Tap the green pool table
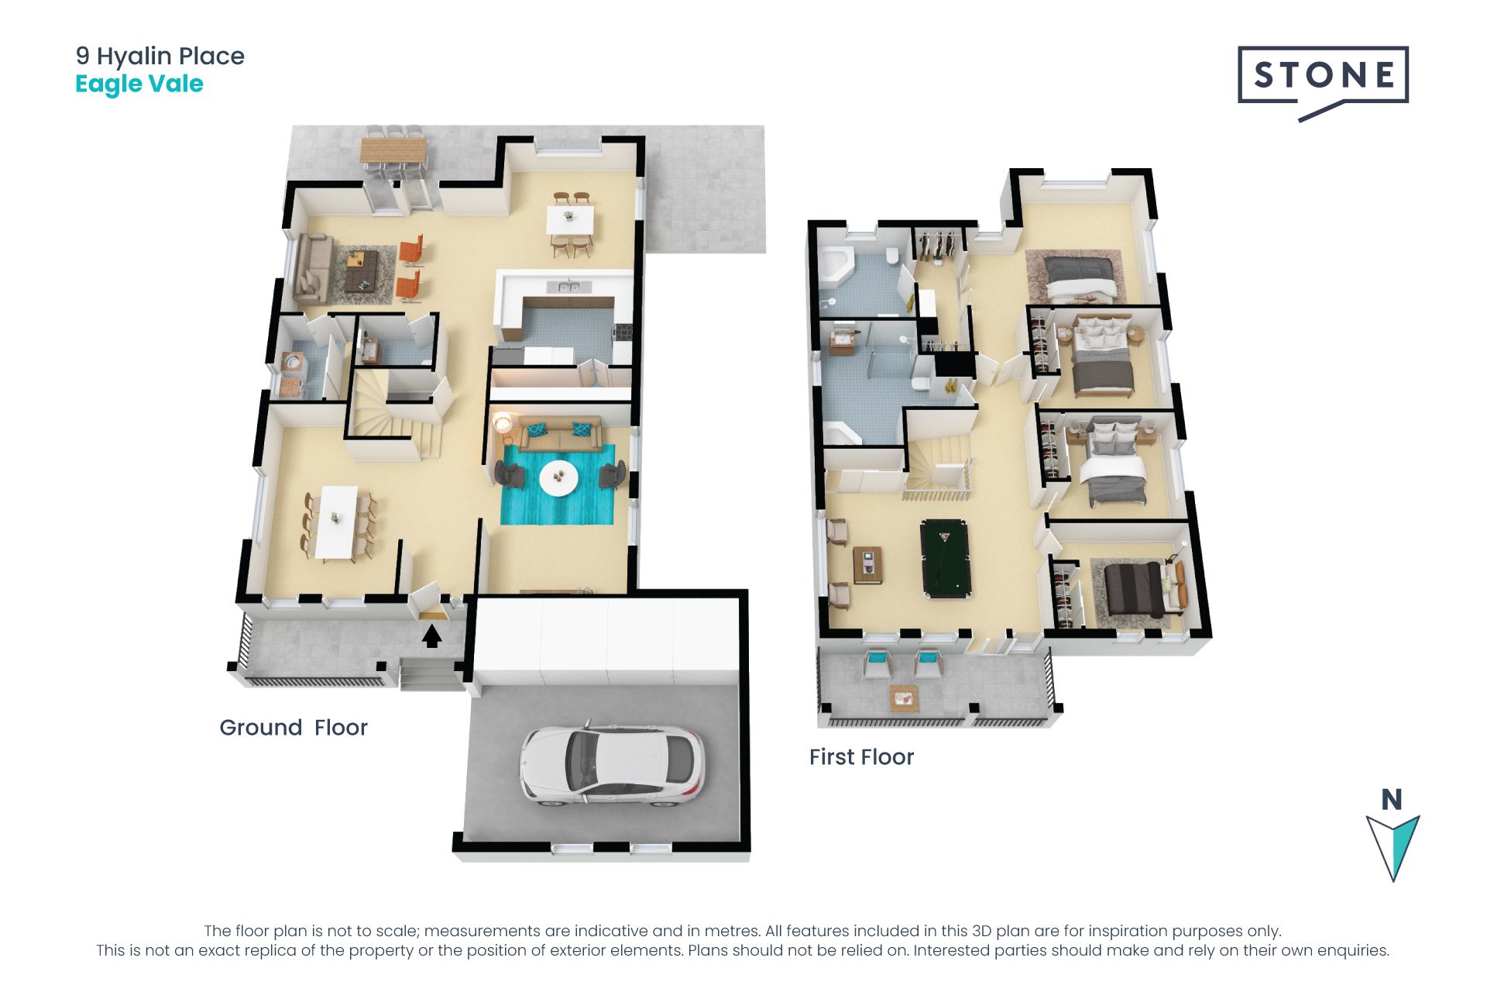[946, 558]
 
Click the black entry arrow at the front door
[432, 635]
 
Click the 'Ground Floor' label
[294, 728]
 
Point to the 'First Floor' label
[861, 757]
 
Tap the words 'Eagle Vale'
[139, 84]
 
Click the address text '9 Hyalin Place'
[160, 56]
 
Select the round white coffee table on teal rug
[558, 477]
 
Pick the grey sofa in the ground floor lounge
[314, 268]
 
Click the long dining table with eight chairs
[337, 521]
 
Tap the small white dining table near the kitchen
[571, 219]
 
